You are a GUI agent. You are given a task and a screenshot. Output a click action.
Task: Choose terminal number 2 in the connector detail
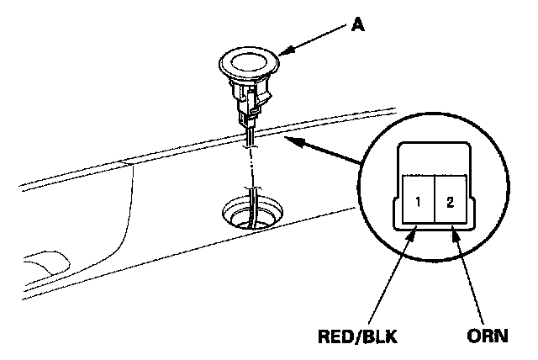tap(451, 201)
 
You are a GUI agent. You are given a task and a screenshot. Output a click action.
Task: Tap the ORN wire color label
tap(488, 338)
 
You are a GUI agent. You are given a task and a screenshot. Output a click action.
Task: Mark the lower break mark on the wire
tap(249, 187)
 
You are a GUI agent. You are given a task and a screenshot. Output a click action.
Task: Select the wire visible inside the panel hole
tap(251, 214)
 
